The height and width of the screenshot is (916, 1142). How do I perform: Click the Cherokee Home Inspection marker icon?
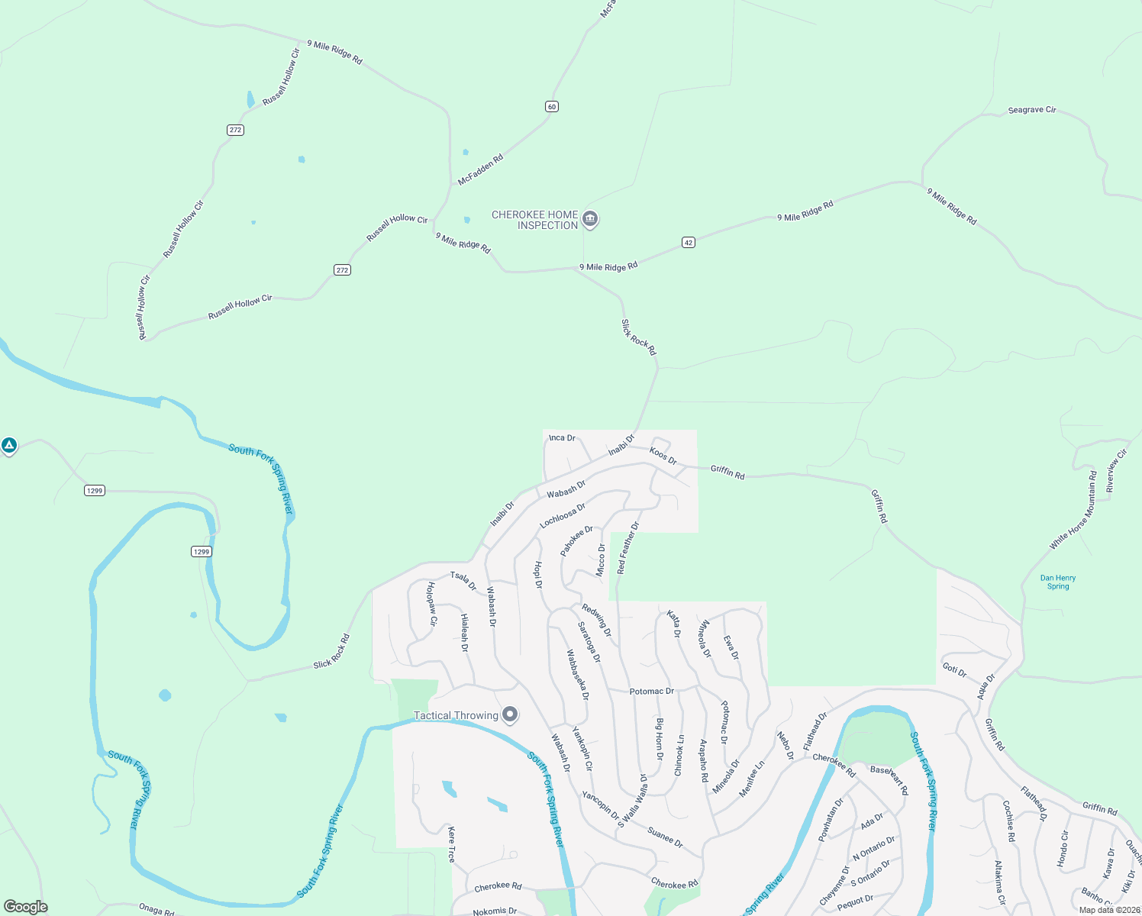589,220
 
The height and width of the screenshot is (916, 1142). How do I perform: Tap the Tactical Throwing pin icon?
510,715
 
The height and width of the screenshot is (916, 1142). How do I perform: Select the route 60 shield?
552,106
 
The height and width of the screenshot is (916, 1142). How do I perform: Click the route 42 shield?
689,243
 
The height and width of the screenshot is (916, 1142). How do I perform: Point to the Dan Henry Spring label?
1058,582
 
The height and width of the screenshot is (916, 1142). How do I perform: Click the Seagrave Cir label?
1032,110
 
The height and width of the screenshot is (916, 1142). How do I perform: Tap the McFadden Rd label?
480,169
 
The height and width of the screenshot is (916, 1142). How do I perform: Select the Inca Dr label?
562,437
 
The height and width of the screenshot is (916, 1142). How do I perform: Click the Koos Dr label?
663,456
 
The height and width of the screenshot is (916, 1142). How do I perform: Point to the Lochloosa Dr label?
563,515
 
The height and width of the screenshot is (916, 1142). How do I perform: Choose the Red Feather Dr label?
628,547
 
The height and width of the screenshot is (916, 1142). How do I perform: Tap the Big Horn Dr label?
660,738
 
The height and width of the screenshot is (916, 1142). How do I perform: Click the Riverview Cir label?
1116,471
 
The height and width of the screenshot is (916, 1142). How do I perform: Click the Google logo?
26,907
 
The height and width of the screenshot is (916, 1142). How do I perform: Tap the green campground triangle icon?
9,445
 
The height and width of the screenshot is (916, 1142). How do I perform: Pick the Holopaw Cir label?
431,604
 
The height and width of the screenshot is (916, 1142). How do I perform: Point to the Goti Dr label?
954,670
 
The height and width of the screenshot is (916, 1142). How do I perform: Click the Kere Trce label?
451,844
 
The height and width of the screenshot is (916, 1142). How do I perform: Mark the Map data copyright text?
1109,910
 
